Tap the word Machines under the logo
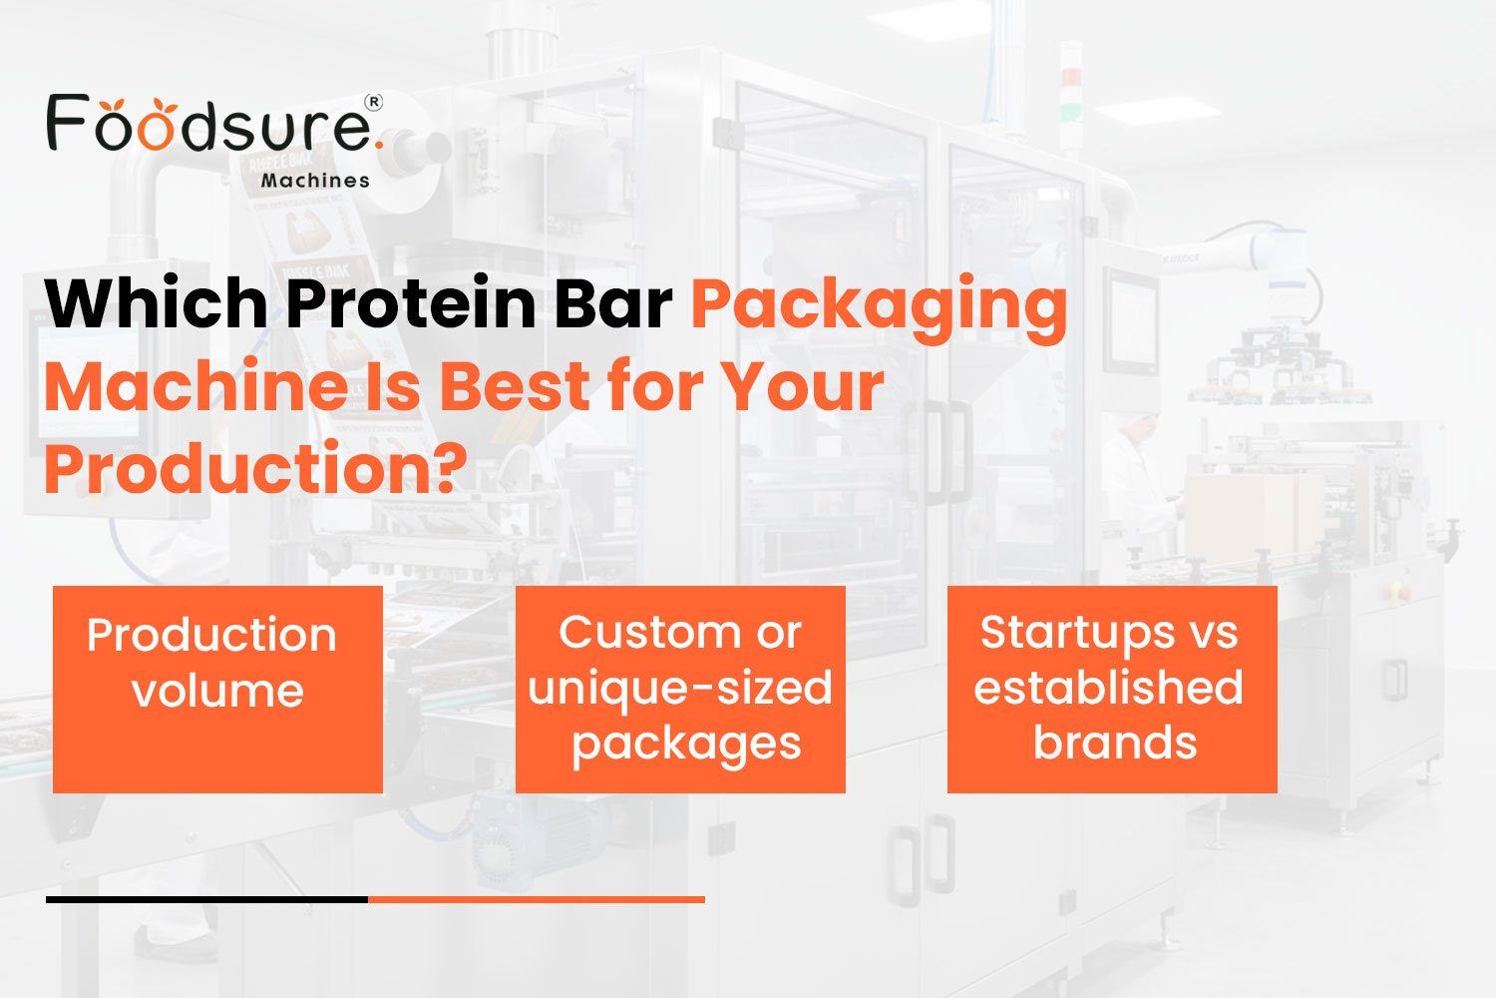[x=315, y=181]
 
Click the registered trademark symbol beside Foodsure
[x=374, y=102]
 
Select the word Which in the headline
[x=156, y=303]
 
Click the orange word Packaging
[x=879, y=305]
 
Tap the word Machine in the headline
[x=195, y=386]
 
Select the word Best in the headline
[x=515, y=386]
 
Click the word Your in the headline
[x=803, y=386]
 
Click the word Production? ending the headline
[x=255, y=469]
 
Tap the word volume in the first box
[x=217, y=691]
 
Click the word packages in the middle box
[x=686, y=745]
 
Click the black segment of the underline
[x=206, y=899]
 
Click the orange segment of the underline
[x=537, y=899]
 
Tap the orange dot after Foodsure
[x=379, y=147]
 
